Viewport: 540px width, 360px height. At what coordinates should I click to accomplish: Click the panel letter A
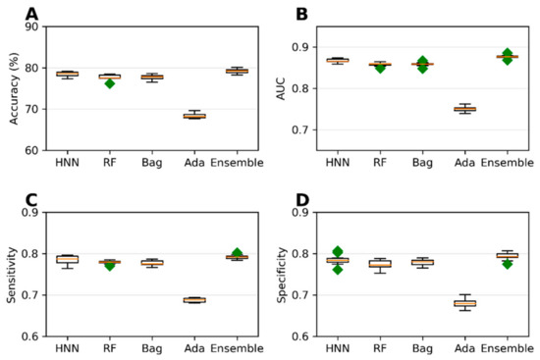pyautogui.click(x=33, y=15)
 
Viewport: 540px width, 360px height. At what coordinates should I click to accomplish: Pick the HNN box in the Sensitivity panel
pyautogui.click(x=67, y=259)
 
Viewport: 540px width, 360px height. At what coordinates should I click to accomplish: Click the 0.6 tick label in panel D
pyautogui.click(x=308, y=336)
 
